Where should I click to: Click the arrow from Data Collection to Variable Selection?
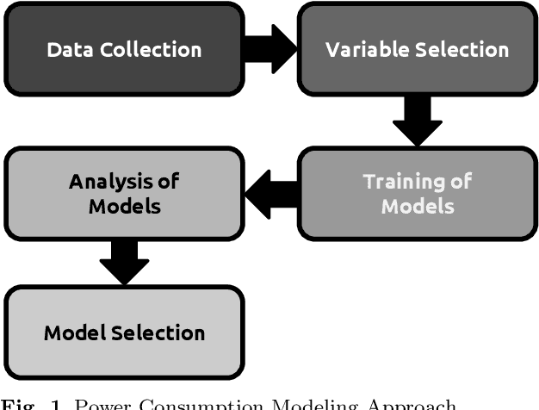pos(270,49)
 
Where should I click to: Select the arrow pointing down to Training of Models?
pos(417,121)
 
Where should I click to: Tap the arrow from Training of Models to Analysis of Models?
pos(270,193)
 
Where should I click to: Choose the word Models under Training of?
pos(417,207)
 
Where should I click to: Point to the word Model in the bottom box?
pos(74,333)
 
